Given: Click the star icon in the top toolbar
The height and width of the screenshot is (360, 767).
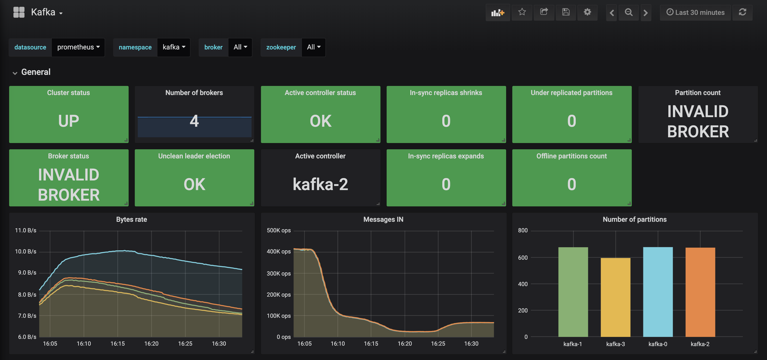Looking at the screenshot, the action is click(522, 12).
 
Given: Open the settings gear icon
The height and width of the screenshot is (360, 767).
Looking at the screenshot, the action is click(587, 12).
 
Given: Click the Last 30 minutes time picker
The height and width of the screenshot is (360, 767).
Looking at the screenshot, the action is click(695, 12).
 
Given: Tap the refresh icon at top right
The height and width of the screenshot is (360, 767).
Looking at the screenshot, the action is click(742, 12).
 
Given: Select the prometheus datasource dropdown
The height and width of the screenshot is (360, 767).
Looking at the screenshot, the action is click(78, 47).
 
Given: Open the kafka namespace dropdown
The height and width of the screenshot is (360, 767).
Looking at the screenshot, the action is click(174, 47).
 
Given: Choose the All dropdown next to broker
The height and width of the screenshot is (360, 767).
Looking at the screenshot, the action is click(240, 47).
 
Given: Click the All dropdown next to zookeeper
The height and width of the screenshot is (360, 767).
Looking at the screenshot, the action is click(313, 47).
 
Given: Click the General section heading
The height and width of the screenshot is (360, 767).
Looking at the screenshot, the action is click(36, 72).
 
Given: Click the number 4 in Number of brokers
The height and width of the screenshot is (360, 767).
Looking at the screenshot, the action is click(194, 121).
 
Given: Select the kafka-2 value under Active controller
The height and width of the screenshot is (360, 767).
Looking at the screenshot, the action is click(320, 184).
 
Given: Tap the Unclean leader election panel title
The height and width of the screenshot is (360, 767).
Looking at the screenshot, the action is click(194, 156).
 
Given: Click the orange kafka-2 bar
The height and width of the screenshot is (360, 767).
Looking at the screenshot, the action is click(700, 292).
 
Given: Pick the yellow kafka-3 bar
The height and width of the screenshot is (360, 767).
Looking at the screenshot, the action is click(615, 297).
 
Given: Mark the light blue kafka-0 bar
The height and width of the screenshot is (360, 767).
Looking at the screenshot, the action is click(658, 292).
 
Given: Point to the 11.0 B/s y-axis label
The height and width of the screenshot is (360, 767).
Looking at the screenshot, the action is click(26, 230).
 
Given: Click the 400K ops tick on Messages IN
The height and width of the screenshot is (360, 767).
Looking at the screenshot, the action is click(279, 252).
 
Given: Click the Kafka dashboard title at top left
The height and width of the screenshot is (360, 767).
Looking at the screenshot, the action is click(43, 12).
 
